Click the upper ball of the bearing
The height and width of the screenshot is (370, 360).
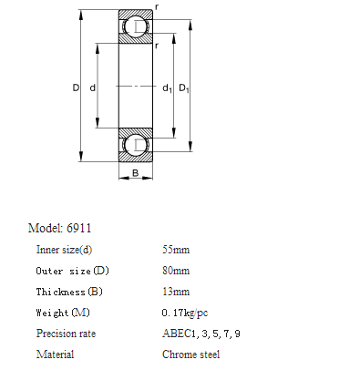coord(136,26)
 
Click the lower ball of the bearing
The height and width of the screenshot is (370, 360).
coord(136,145)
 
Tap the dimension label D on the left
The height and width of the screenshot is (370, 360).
coord(76,87)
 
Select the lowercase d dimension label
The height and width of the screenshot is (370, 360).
coord(93,87)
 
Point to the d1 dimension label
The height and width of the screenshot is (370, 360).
coord(167,88)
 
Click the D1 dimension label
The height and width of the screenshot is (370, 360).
coord(184,88)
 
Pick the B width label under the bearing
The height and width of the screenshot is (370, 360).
coord(136,173)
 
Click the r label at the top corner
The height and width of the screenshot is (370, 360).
coord(157,6)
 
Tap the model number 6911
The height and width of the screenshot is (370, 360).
coord(78,228)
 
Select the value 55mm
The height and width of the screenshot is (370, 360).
coord(176,250)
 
